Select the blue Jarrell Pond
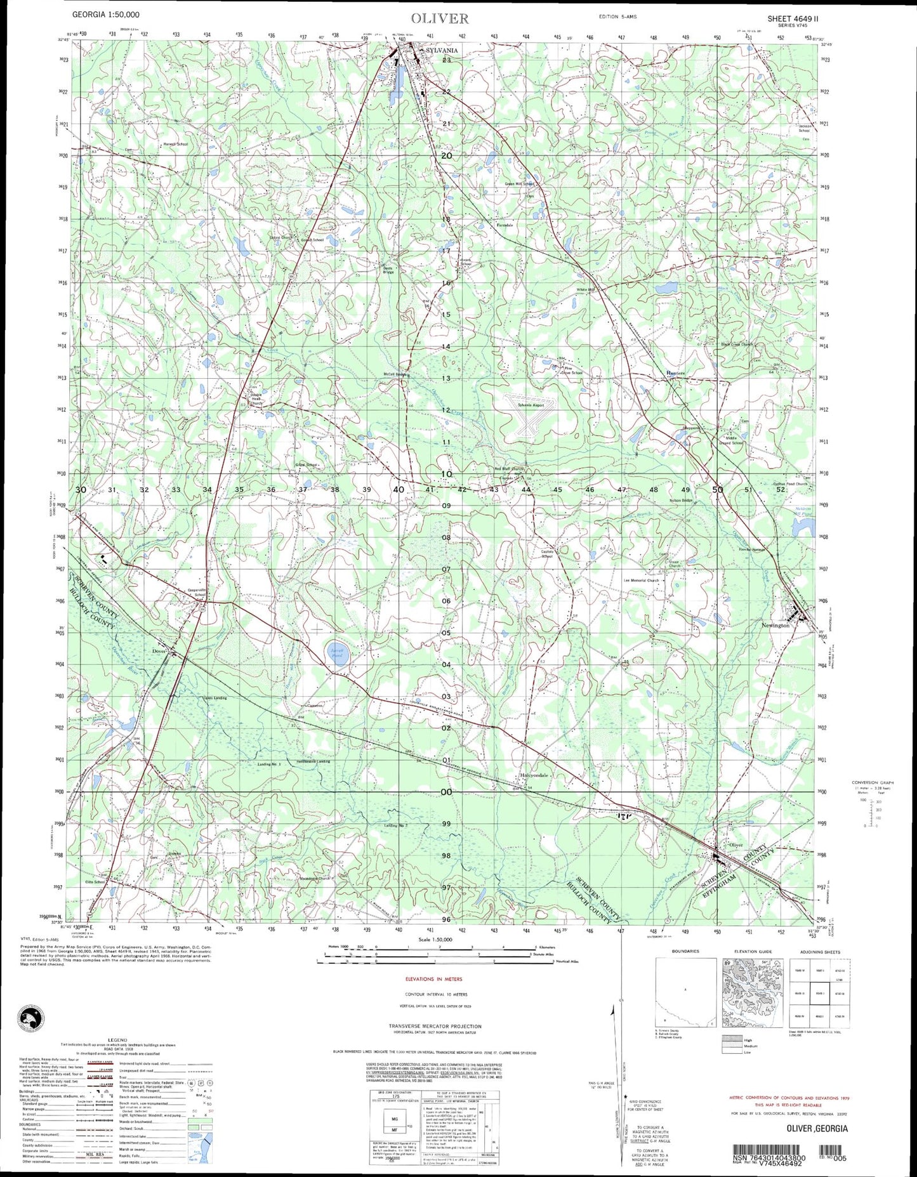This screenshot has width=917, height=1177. pyautogui.click(x=334, y=651)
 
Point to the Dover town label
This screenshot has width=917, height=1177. pyautogui.click(x=159, y=650)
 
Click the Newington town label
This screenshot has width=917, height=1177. pyautogui.click(x=775, y=625)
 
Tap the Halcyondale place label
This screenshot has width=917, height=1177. pyautogui.click(x=533, y=775)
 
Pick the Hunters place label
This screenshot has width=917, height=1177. pyautogui.click(x=675, y=373)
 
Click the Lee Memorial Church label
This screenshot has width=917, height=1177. pyautogui.click(x=642, y=580)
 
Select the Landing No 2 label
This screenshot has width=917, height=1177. pyautogui.click(x=395, y=825)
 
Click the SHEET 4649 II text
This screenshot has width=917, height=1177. pyautogui.click(x=797, y=18)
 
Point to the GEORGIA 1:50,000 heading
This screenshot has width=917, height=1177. pyautogui.click(x=106, y=14)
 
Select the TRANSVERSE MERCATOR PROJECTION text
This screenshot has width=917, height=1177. pyautogui.click(x=435, y=1026)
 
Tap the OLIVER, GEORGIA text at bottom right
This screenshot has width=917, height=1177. pyautogui.click(x=816, y=1128)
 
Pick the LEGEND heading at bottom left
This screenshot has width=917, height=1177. pyautogui.click(x=117, y=1040)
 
